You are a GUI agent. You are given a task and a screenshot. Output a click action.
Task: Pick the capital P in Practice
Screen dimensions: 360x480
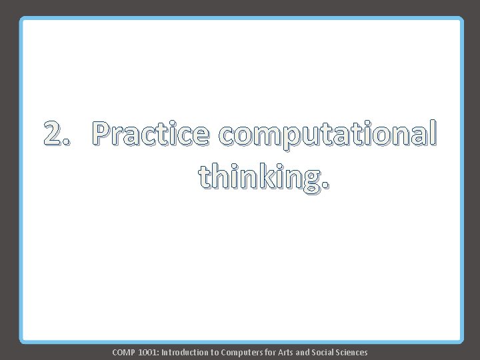[x=105, y=134]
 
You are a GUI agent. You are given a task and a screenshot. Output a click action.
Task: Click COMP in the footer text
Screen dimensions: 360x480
[x=125, y=352]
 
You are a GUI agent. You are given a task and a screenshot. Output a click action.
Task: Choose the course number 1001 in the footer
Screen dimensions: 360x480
[x=149, y=352]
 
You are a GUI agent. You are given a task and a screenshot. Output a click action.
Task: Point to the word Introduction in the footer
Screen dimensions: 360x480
[x=184, y=352]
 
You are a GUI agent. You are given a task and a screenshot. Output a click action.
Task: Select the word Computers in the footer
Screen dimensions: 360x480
[x=242, y=352]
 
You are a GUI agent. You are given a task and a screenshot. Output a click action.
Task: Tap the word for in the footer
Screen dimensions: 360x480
[x=271, y=352]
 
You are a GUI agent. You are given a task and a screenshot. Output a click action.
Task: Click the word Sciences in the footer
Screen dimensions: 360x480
[x=353, y=352]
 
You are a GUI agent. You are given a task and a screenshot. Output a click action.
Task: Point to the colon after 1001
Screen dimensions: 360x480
[x=159, y=353]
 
